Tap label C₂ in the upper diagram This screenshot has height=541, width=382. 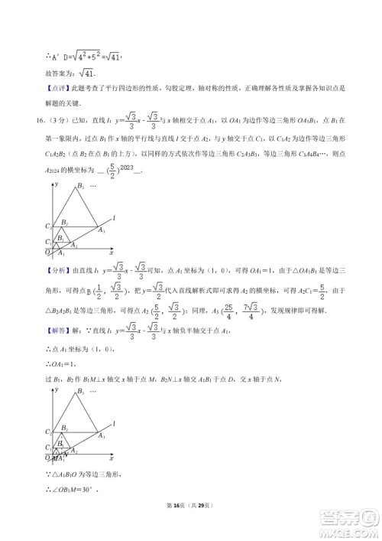pos(47,227)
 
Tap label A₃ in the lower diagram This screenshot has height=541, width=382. pos(102,435)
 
